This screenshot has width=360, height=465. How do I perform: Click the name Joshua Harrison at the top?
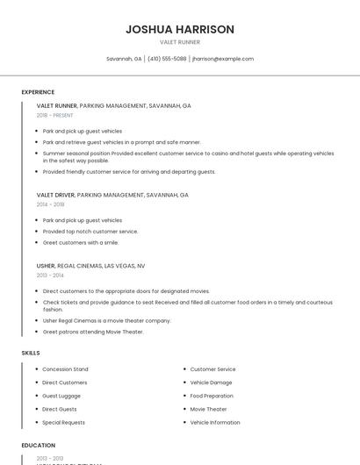click(x=180, y=29)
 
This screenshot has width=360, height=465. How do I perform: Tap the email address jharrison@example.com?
click(x=222, y=59)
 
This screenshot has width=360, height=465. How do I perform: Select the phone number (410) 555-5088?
click(x=167, y=59)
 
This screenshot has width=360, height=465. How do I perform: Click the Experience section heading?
click(x=38, y=92)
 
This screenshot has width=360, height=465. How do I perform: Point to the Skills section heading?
click(x=31, y=353)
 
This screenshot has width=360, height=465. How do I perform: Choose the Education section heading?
click(x=39, y=446)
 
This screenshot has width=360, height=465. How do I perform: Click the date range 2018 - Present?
click(x=55, y=115)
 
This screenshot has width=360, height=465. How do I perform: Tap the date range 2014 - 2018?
click(x=51, y=204)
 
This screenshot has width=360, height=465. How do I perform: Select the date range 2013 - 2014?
click(x=50, y=275)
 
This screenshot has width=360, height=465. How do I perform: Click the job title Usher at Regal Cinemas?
click(x=47, y=265)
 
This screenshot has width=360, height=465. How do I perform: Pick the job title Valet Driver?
click(x=56, y=195)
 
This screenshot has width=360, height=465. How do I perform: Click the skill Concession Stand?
click(x=65, y=369)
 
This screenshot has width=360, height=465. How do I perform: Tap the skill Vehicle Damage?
click(x=211, y=383)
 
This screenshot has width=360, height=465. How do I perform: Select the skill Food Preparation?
click(x=212, y=396)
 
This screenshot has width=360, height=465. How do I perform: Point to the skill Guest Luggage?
click(x=61, y=396)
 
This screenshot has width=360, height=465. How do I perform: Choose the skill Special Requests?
click(x=63, y=422)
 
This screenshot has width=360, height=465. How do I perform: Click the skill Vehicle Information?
click(x=215, y=422)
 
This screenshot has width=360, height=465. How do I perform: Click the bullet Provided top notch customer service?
click(x=90, y=231)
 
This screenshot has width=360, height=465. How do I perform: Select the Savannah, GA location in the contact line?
click(x=124, y=59)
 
